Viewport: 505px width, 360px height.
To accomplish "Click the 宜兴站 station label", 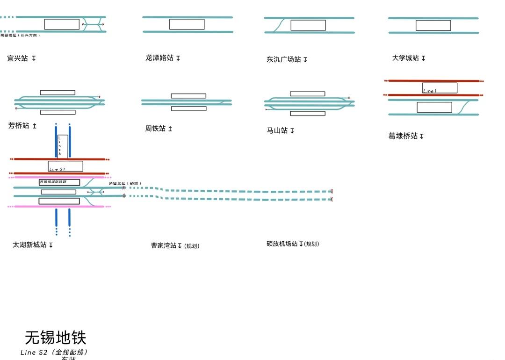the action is (x=18, y=58).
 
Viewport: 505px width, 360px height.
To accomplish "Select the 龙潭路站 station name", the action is (x=159, y=58).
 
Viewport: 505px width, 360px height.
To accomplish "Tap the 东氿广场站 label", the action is (x=284, y=59).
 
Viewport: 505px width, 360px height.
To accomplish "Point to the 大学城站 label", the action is (x=405, y=58).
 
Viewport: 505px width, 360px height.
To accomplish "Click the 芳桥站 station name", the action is (x=19, y=126).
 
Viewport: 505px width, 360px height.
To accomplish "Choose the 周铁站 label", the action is (x=155, y=129).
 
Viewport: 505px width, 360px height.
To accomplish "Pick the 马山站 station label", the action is (x=277, y=130).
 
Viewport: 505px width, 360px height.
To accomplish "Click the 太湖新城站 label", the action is (x=29, y=245).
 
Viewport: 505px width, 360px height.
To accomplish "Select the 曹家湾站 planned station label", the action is (x=164, y=245).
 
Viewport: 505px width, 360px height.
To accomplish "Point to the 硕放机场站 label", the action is (x=282, y=244).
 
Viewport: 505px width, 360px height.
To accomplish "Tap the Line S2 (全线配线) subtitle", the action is (x=54, y=353).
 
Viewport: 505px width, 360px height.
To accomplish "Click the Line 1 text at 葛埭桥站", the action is (x=430, y=91).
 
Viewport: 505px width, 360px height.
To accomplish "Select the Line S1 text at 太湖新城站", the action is (x=57, y=169).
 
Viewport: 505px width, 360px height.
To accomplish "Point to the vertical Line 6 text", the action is (x=60, y=146).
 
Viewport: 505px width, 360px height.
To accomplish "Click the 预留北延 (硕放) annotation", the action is (x=125, y=183).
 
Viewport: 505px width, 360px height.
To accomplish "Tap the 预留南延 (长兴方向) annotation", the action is (x=21, y=36).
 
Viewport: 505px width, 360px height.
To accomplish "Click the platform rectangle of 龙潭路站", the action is (x=187, y=24).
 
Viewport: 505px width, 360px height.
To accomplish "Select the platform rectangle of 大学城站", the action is (x=433, y=25).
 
